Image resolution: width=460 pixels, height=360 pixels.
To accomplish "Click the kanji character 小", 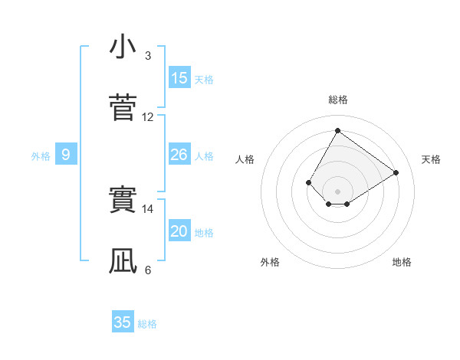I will tap(123, 47).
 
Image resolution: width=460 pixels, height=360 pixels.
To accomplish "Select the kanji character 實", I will tap(123, 201).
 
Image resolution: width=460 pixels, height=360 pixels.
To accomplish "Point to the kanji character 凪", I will tap(123, 261).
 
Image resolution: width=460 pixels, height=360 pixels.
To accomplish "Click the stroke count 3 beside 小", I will tap(147, 56).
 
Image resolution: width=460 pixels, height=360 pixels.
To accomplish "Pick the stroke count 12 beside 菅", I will tap(148, 117).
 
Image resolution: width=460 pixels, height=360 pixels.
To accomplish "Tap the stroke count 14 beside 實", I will tap(148, 208).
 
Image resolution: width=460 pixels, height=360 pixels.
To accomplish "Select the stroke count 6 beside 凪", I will tap(147, 270).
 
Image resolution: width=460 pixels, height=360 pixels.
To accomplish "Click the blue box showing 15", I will tap(179, 78).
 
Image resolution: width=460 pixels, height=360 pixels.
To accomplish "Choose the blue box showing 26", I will tap(179, 155).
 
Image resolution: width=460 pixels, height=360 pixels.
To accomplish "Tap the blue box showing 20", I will tap(179, 231).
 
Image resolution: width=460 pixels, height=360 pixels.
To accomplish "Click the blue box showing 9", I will tap(66, 155).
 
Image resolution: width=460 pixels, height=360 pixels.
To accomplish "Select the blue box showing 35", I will tap(123, 322).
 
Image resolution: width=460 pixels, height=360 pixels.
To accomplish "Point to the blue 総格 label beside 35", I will tap(147, 324).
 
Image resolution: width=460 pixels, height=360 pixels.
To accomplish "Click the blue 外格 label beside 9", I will tap(41, 156).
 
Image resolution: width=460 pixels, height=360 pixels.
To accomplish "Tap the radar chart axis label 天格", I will tap(431, 159).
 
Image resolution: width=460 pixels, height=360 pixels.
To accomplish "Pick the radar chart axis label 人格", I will tap(245, 159).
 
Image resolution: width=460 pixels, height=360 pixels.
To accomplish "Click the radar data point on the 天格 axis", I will tap(396, 173).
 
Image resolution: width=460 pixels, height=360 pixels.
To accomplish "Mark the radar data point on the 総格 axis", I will tap(337, 130).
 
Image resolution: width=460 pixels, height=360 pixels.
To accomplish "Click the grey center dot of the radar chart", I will tap(337, 191).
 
